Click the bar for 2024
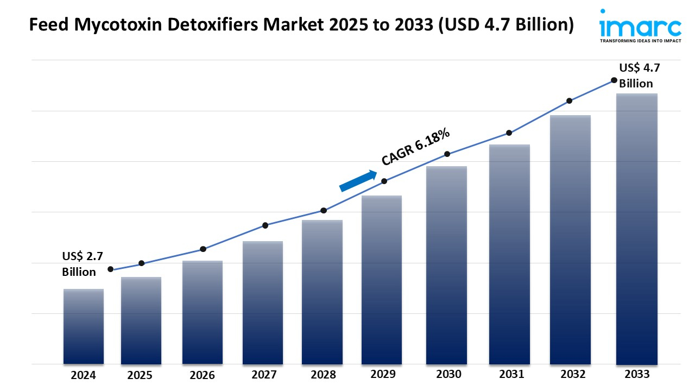[x=84, y=326]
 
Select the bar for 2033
[x=637, y=229]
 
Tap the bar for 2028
[x=323, y=292]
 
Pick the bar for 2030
[x=446, y=265]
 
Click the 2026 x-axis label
[x=203, y=375]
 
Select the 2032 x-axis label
[x=573, y=374]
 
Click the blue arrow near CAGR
[x=358, y=181]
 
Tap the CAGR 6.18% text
[x=415, y=147]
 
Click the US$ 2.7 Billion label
[x=79, y=264]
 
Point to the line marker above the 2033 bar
[x=614, y=80]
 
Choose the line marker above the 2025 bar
[x=142, y=263]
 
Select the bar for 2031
[x=509, y=254]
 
